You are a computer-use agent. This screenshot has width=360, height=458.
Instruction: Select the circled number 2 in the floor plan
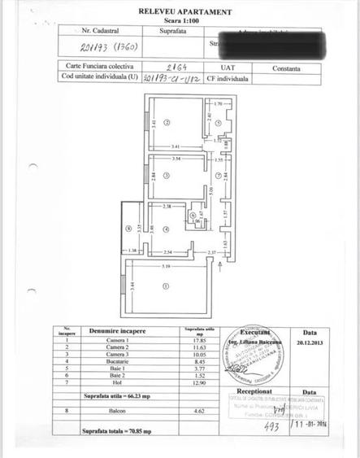(x=167, y=123)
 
